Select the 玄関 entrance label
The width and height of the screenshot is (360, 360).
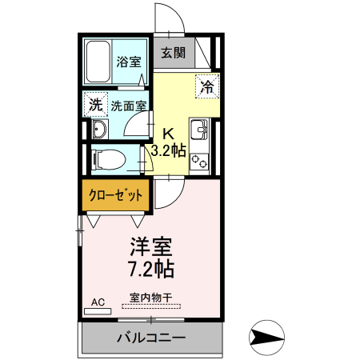point(173,54)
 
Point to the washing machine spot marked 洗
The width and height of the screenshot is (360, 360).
point(95,105)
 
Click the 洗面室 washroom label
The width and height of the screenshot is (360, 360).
point(128,106)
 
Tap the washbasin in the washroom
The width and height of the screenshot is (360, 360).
point(100,130)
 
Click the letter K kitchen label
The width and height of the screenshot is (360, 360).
point(169,134)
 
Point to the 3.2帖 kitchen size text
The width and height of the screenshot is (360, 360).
point(169,150)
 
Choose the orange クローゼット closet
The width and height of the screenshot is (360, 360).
point(116,195)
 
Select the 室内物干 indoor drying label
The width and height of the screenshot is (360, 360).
point(150,297)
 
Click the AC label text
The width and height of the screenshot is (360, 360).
point(98,302)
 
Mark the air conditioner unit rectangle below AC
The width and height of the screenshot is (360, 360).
point(98,311)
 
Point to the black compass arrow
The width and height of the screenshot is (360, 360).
point(267,337)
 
